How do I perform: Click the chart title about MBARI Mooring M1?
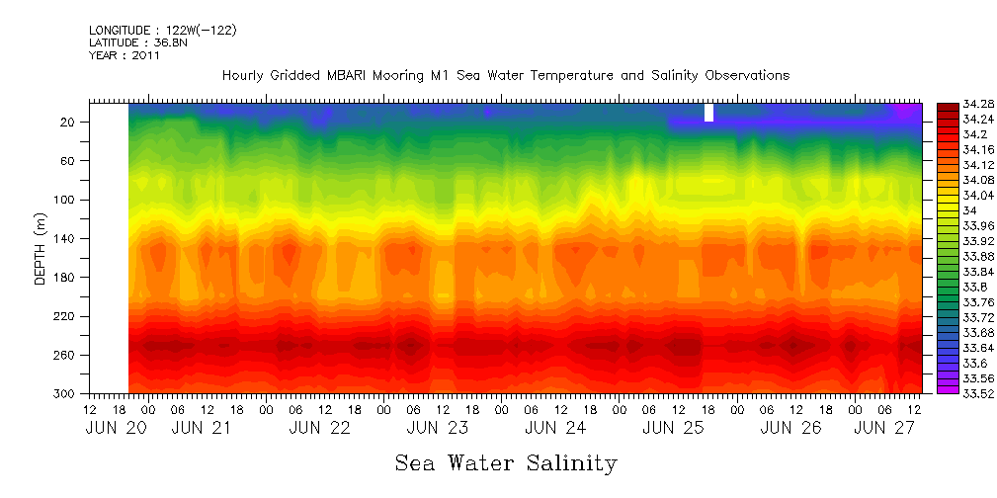[506, 76]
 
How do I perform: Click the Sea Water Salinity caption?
[506, 462]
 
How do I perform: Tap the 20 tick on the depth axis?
[69, 122]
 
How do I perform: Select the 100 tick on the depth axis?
[66, 200]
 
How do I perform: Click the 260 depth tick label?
[66, 355]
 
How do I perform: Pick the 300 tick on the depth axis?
[66, 393]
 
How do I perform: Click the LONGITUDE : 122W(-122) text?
[162, 31]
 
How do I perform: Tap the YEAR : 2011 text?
[125, 56]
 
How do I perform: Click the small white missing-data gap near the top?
[708, 113]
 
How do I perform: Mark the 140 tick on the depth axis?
[66, 238]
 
